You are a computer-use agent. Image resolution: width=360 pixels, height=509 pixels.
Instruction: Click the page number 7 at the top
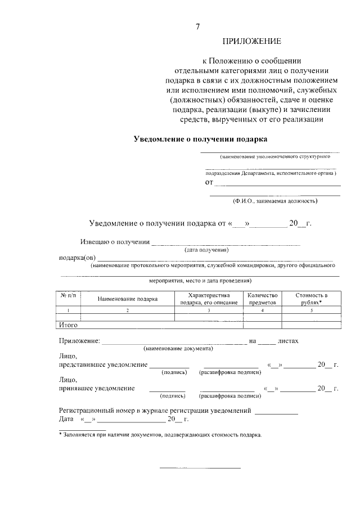[197, 26]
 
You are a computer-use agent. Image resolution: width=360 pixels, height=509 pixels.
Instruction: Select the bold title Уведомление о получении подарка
[200, 138]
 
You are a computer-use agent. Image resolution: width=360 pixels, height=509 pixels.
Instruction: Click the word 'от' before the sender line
[209, 182]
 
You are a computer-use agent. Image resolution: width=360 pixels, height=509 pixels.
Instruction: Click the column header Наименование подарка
[127, 299]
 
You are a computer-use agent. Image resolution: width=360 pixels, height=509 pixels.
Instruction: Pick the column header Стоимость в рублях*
[311, 299]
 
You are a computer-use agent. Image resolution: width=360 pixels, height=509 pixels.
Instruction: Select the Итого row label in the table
[68, 325]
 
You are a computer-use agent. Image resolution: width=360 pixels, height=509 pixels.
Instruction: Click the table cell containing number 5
[311, 310]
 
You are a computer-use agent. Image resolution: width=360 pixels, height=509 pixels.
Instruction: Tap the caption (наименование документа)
[178, 349]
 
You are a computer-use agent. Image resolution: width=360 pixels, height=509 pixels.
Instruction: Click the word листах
[288, 341]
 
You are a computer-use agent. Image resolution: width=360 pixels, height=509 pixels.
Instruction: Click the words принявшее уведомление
[97, 388]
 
